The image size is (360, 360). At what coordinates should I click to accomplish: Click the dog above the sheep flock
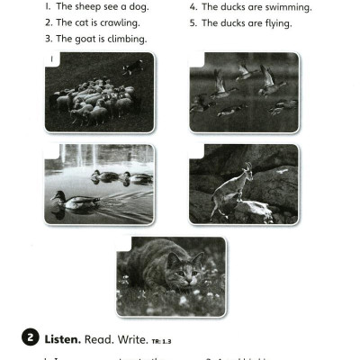133,66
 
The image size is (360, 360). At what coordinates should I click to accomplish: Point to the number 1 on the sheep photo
52,60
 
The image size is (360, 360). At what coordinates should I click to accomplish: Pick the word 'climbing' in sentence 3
127,40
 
